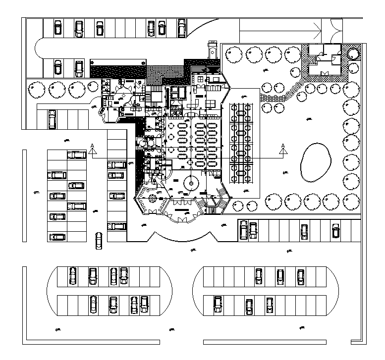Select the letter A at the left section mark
92,146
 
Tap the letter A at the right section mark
282,146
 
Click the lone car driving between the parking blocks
99,240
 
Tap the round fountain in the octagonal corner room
153,200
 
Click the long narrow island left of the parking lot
24,196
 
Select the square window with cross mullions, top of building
200,78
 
